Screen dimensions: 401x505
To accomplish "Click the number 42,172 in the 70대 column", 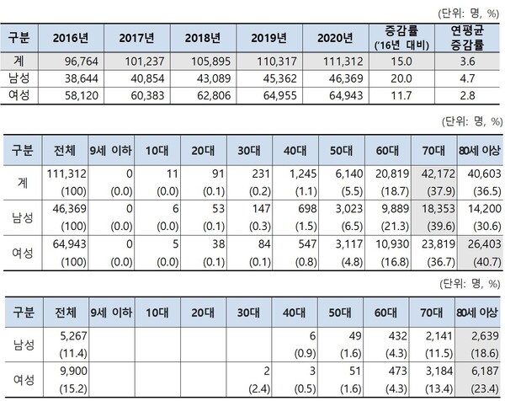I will click(x=434, y=172).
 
